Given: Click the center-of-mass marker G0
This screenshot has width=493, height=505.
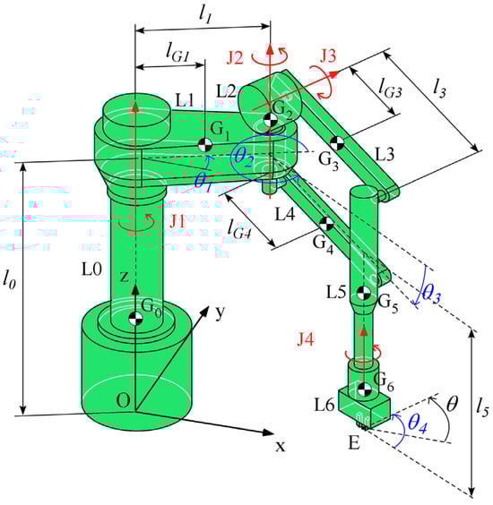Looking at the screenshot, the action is pos(135,318).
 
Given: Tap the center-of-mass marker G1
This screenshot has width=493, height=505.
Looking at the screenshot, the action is pos(204,144).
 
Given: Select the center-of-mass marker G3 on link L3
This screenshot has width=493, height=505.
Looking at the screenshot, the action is pos(337,143).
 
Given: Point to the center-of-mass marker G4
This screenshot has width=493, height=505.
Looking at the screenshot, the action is pos(326,223).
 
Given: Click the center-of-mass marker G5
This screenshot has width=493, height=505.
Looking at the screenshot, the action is pos(364,293).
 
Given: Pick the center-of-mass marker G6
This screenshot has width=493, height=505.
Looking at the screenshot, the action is pos(365,389).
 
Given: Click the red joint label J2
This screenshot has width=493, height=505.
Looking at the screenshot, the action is pos(235,58).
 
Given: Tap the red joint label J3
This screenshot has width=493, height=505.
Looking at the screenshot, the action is pos(328,56).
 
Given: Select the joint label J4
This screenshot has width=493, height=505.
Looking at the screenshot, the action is pos(306,339).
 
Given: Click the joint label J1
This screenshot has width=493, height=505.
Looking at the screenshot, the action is pos(177,222).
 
